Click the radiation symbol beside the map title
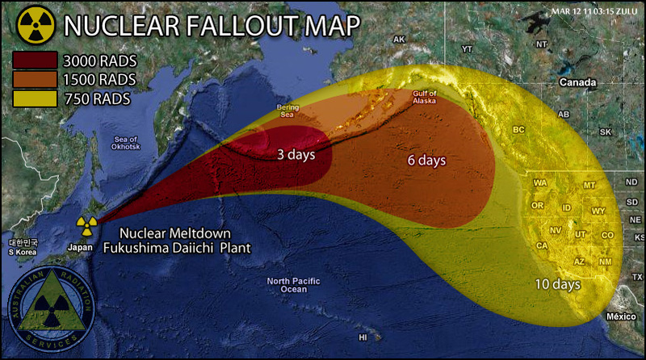pos(35,25)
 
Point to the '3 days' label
pos(296,153)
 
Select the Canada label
pos(579,82)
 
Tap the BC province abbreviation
pos(519,129)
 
